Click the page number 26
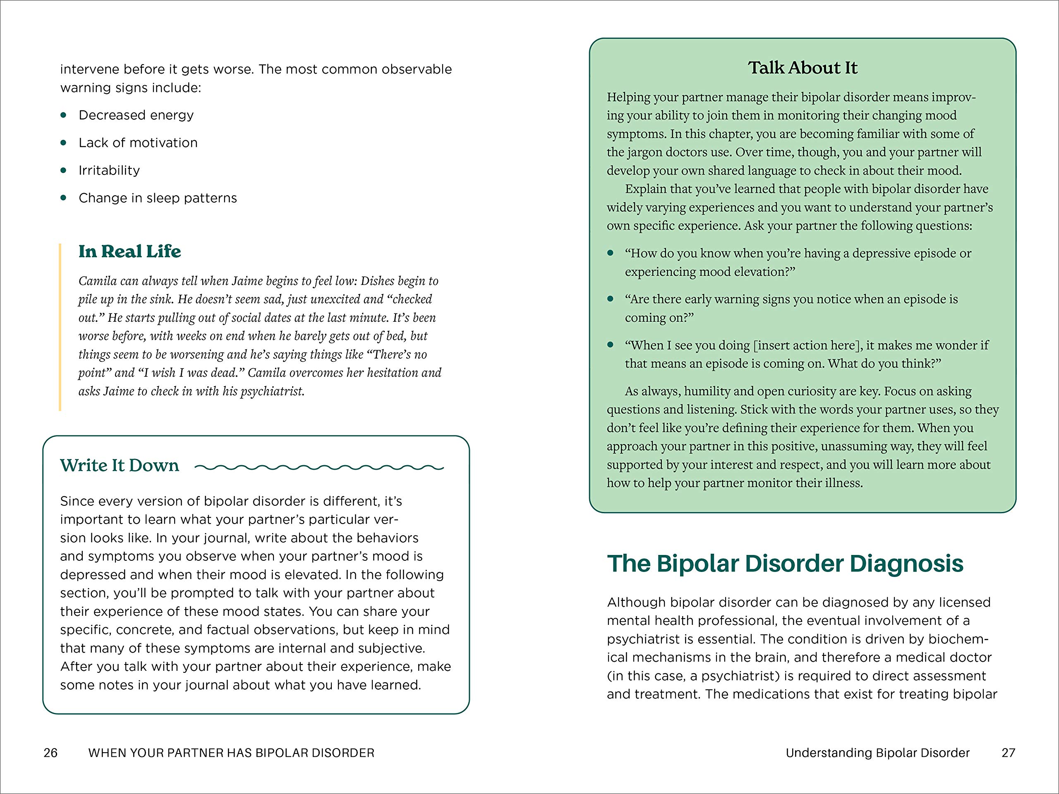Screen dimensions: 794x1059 point(50,753)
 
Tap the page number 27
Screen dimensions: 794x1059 point(1008,753)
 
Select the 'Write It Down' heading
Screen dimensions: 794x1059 point(119,465)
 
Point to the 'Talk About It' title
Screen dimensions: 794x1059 point(803,67)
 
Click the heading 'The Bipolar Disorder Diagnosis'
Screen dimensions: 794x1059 point(785,563)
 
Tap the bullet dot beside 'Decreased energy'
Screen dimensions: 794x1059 point(64,115)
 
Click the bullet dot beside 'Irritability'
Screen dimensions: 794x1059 point(64,170)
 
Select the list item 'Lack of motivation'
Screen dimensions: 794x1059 point(138,143)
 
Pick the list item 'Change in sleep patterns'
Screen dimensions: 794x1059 point(158,198)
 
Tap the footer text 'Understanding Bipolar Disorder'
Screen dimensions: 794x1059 point(877,753)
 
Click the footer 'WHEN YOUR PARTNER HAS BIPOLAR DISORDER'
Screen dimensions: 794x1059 point(231,753)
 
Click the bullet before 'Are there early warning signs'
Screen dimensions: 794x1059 point(611,299)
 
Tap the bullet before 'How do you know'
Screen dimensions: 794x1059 point(611,253)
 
